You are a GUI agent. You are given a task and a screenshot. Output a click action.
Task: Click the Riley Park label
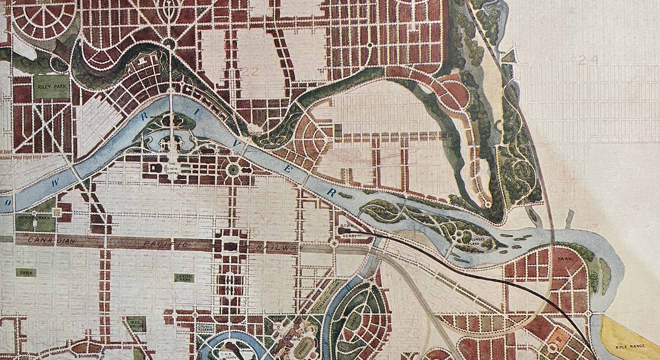52,86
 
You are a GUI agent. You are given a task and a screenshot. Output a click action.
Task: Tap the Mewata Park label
35,218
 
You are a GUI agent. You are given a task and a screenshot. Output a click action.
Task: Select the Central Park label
182,278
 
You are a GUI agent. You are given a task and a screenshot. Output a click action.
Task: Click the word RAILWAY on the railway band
280,248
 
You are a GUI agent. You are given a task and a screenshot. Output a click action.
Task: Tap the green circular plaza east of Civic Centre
233,170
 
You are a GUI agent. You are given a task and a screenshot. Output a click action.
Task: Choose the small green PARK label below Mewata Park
26,273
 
